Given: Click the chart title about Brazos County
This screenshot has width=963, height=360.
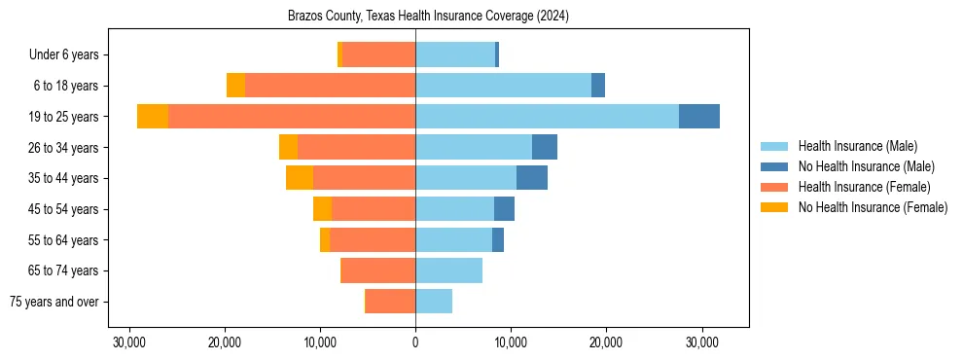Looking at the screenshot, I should click(428, 17).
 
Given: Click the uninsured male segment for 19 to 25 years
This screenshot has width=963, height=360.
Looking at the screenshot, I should click(699, 117).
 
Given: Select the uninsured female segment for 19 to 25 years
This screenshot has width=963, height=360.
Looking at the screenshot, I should click(153, 117).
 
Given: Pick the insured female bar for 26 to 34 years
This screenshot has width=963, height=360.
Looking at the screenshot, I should click(356, 147).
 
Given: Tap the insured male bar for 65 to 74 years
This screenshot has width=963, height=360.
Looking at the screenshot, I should click(448, 270).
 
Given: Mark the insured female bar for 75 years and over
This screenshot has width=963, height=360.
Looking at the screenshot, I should click(391, 302).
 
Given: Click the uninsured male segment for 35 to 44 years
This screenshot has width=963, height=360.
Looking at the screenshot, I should click(532, 178).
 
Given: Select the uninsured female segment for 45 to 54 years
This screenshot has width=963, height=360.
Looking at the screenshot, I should click(322, 209).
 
